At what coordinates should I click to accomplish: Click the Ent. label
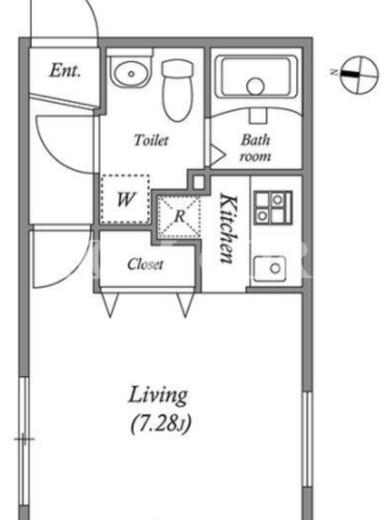tap(65, 70)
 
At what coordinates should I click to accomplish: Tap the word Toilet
tap(151, 140)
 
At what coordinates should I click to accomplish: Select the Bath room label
tap(255, 148)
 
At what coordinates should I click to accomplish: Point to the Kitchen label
tap(229, 229)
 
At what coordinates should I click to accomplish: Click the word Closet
tap(145, 265)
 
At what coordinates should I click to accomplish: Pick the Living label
tap(158, 396)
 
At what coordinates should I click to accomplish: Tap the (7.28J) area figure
tap(161, 424)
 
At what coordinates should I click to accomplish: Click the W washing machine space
tap(125, 199)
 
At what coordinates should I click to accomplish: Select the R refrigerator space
tap(179, 217)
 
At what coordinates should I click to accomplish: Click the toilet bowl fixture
tap(177, 90)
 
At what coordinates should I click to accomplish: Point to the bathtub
tap(255, 77)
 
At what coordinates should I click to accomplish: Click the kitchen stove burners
tap(272, 207)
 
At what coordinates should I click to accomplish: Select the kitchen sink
tap(270, 268)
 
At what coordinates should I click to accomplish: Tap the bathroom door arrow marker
tap(217, 155)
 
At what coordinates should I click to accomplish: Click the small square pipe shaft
tap(199, 182)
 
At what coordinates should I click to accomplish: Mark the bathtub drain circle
tap(255, 86)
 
